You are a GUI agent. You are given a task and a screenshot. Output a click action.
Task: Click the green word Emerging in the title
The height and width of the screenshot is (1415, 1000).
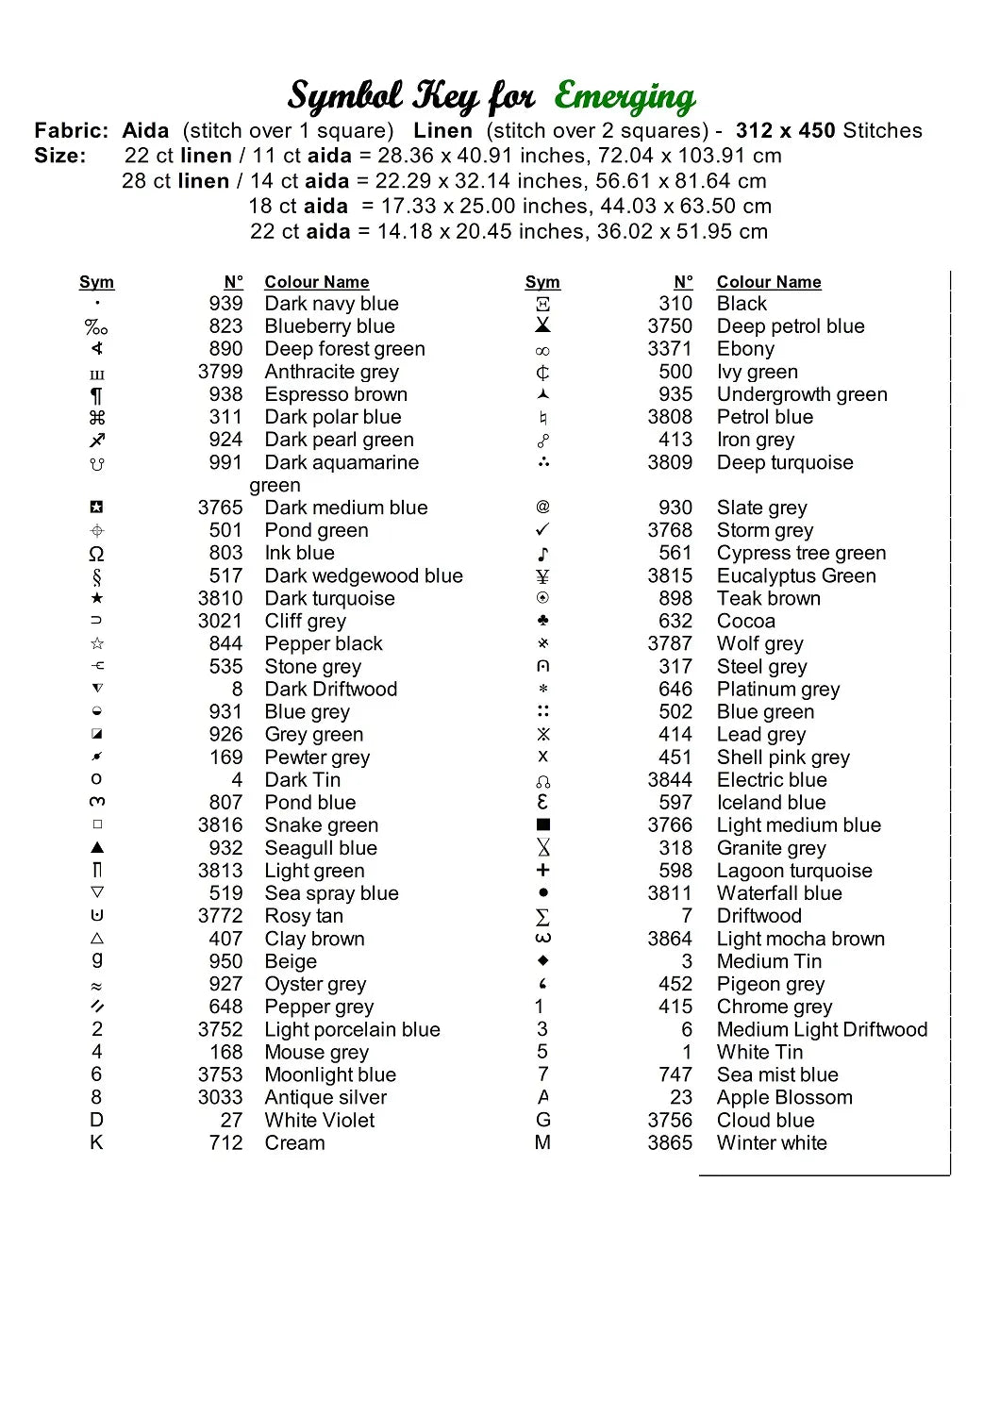pos(625,97)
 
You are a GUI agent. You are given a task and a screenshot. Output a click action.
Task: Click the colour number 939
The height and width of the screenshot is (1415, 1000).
pos(225,304)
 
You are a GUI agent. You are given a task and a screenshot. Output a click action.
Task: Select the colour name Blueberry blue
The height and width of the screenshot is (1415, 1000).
pos(329,326)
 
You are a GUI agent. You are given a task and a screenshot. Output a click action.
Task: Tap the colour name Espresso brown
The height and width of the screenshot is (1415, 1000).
pos(336,394)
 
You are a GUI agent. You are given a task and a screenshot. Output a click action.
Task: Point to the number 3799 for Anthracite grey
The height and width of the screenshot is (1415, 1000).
pos(220,372)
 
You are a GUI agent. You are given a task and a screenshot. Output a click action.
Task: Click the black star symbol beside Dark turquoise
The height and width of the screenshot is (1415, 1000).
pos(97,598)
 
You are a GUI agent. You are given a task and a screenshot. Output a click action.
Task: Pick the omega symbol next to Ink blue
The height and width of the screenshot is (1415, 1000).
pos(96,554)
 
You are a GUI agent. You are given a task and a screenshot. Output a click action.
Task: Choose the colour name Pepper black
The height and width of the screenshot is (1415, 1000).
pos(324,643)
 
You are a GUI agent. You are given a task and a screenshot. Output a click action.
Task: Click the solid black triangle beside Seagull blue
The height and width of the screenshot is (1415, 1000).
pos(97,847)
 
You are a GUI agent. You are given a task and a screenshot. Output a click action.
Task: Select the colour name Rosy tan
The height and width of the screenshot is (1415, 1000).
pos(304,916)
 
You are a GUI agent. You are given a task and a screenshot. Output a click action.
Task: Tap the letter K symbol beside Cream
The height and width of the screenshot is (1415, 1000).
pos(96,1142)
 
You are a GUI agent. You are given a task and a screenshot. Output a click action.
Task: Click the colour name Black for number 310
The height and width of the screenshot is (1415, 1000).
pos(742,304)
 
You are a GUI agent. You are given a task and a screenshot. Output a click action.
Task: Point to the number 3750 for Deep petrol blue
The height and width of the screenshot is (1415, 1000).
pos(670,326)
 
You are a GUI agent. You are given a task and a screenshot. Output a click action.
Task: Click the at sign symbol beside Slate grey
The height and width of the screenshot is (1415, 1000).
pos(542,507)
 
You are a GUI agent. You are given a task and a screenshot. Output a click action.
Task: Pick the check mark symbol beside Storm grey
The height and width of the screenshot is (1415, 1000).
pos(542,530)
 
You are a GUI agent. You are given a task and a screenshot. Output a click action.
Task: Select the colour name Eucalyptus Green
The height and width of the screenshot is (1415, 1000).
pos(796,575)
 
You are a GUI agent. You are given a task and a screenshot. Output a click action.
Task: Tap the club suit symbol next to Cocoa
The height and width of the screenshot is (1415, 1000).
pos(542,621)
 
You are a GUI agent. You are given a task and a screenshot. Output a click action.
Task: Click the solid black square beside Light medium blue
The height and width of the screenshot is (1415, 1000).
pos(542,824)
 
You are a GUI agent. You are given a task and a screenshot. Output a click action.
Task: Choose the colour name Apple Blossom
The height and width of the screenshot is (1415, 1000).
pos(784,1097)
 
